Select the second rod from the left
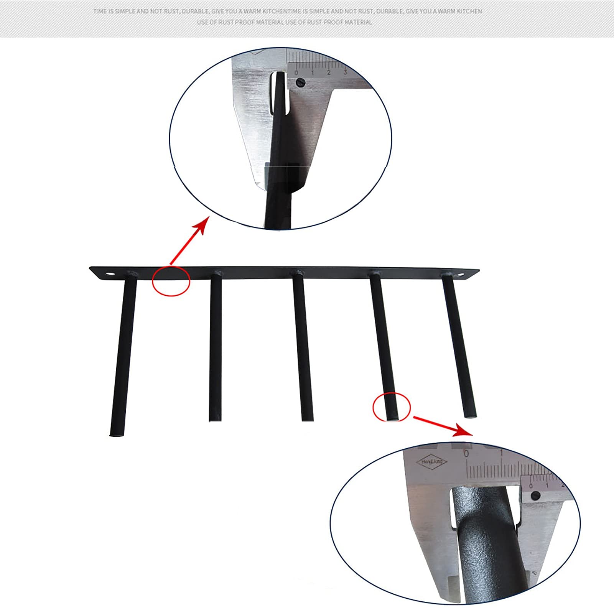click(x=215, y=345)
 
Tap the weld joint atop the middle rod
click(x=297, y=273)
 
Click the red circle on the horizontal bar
click(x=171, y=281)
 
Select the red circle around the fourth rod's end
click(x=392, y=407)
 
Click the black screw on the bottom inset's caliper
click(x=536, y=496)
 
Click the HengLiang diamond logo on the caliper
click(x=432, y=462)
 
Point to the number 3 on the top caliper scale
click(x=345, y=72)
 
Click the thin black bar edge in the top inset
click(x=279, y=146)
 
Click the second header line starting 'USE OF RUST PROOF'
click(x=285, y=22)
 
